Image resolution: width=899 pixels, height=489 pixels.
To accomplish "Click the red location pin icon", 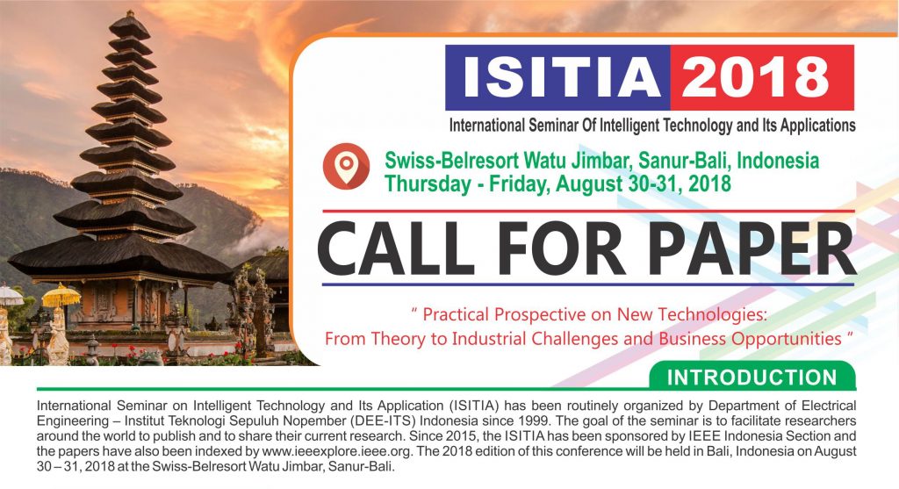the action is point(346,166).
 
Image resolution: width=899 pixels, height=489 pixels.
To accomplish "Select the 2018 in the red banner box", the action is point(756,77).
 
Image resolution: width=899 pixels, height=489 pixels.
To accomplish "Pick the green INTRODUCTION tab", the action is point(752,377).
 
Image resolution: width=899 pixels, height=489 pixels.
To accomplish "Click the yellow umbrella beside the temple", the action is point(61,296).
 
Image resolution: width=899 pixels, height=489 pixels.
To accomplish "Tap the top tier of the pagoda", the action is point(130,25).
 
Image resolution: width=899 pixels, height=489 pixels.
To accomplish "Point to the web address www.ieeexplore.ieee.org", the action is point(336,450).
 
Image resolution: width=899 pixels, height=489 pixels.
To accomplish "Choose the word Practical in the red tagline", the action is point(456,314).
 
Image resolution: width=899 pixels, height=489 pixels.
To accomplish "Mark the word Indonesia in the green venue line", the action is point(778,161).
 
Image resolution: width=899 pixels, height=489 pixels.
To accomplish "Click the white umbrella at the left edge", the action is point(11,296).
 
